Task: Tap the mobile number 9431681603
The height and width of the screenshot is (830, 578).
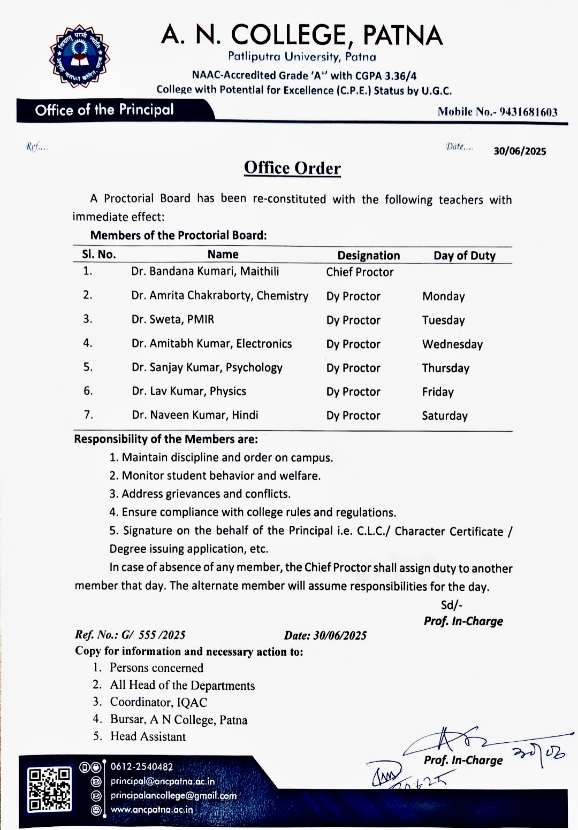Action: tap(528, 112)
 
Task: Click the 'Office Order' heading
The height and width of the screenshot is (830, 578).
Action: tap(292, 168)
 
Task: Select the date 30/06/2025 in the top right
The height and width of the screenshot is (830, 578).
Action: tap(520, 151)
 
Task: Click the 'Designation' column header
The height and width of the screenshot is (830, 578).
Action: tap(368, 256)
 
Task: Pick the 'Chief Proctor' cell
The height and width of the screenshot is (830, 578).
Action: tap(360, 272)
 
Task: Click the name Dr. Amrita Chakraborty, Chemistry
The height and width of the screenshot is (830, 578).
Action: tap(220, 296)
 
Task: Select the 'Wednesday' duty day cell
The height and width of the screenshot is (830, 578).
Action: tap(452, 344)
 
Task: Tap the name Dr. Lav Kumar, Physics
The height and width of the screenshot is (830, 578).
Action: tap(189, 391)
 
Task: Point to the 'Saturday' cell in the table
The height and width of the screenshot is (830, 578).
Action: tap(445, 416)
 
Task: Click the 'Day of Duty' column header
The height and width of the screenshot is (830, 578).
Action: tap(465, 256)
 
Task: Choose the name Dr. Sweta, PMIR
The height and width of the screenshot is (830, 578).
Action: tap(173, 320)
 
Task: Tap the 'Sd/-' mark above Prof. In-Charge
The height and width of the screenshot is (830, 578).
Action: tap(451, 605)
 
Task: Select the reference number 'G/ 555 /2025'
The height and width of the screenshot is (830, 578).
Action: tap(154, 635)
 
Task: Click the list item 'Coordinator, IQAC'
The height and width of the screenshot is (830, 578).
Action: tap(158, 702)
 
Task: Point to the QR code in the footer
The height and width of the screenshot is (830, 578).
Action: tap(50, 789)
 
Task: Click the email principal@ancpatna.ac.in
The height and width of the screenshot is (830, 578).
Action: tap(163, 781)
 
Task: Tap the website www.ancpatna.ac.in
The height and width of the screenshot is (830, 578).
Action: tap(151, 810)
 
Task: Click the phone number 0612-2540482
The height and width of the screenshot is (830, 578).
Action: tap(142, 767)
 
